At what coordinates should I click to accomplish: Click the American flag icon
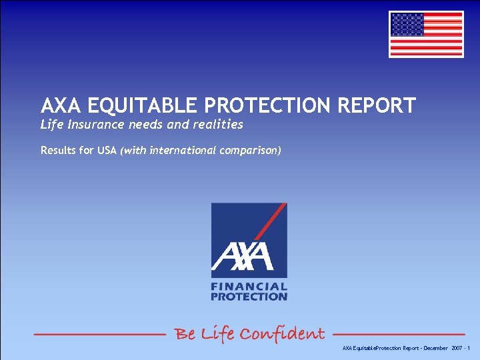tap(426, 34)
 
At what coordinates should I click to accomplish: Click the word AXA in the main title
tap(62, 106)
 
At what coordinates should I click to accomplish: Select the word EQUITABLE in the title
tap(137, 106)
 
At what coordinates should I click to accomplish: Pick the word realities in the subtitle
tap(219, 125)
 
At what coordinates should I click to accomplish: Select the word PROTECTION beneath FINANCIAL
tap(249, 297)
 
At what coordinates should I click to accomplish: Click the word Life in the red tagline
tap(217, 333)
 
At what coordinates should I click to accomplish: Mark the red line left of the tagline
tap(99, 333)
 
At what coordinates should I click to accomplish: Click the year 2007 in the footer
tap(457, 349)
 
